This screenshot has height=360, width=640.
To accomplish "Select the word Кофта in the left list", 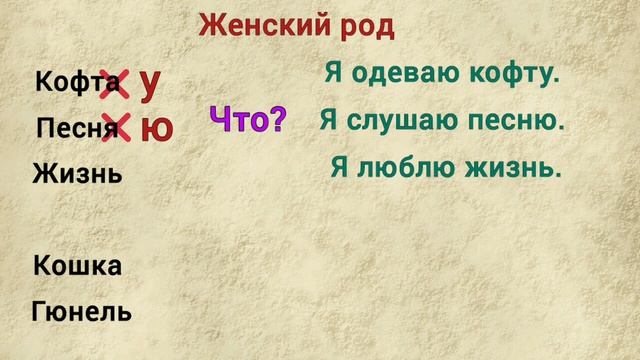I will coord(69,84).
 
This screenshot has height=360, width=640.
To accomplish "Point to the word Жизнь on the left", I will coord(77,174).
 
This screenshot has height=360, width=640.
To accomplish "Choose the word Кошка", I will coord(77,266).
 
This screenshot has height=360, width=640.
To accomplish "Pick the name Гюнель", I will coord(82,311).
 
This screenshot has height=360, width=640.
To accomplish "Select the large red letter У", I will coord(151,84).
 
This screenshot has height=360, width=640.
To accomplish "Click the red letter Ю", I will coord(156,128).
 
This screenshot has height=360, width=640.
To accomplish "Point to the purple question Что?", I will coord(247,121).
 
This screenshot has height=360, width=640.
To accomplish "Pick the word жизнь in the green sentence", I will coord(516,168).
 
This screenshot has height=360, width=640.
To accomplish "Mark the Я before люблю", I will coord(339,168).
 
